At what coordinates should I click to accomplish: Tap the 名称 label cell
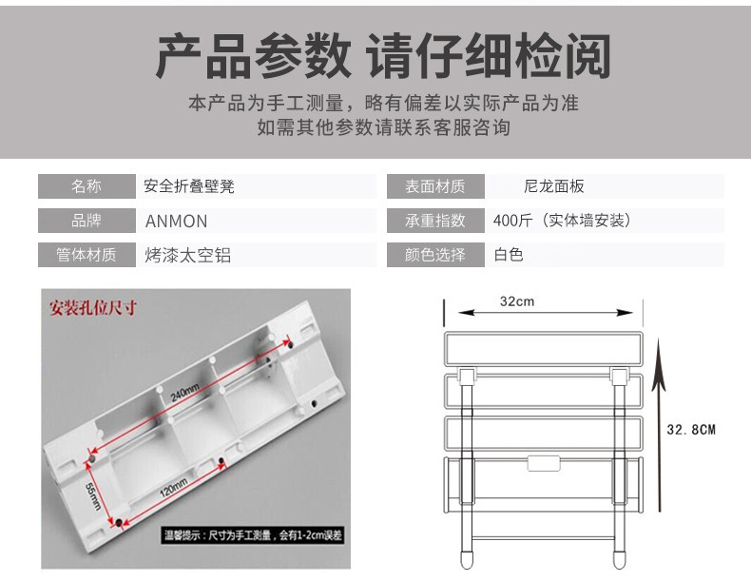click(86, 186)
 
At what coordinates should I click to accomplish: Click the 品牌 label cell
click(86, 221)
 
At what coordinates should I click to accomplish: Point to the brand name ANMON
click(176, 222)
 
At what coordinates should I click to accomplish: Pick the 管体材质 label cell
click(86, 255)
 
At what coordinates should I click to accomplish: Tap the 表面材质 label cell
click(435, 186)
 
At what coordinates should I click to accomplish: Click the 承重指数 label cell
click(435, 221)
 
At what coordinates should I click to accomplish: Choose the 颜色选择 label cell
click(435, 255)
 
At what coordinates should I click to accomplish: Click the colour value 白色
click(509, 255)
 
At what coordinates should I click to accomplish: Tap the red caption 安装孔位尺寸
click(94, 307)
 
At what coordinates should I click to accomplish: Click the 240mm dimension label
click(186, 396)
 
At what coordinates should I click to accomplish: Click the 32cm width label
click(517, 300)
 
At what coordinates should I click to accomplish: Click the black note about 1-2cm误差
click(253, 536)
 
